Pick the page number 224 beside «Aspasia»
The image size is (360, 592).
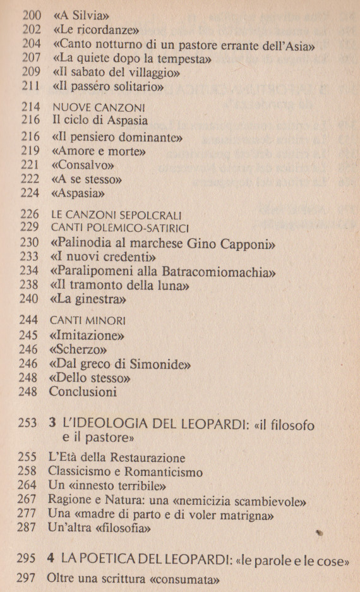coord(31,194)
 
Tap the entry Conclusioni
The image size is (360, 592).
coord(83,392)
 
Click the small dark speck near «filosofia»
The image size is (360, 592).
coord(320,533)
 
